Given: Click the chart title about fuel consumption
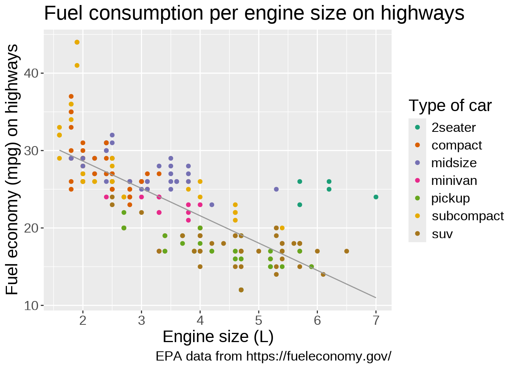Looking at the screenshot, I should click(x=254, y=14).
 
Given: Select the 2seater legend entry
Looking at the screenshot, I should click(x=453, y=128).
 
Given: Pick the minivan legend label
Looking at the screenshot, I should click(x=454, y=181).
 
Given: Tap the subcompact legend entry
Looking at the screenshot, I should click(x=467, y=216).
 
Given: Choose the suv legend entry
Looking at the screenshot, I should click(x=442, y=234).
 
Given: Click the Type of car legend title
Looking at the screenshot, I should click(x=450, y=106).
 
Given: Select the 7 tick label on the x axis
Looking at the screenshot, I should click(x=376, y=320).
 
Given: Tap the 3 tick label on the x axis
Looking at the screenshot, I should click(x=141, y=320).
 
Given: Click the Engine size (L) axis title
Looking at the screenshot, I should click(x=218, y=337).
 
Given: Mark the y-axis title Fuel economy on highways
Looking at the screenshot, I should click(x=12, y=170).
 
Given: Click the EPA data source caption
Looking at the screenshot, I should click(x=273, y=356).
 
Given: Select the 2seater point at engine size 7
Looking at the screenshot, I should click(x=376, y=197).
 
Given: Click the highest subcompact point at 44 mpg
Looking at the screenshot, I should click(x=77, y=42).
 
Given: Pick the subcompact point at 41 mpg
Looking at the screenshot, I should click(x=77, y=65).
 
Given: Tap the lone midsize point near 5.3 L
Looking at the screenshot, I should click(x=276, y=189).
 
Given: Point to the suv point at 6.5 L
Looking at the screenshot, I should click(x=347, y=251).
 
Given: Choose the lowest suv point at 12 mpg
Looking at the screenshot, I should click(x=241, y=290).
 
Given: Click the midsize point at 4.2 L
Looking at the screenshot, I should click(x=212, y=205).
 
